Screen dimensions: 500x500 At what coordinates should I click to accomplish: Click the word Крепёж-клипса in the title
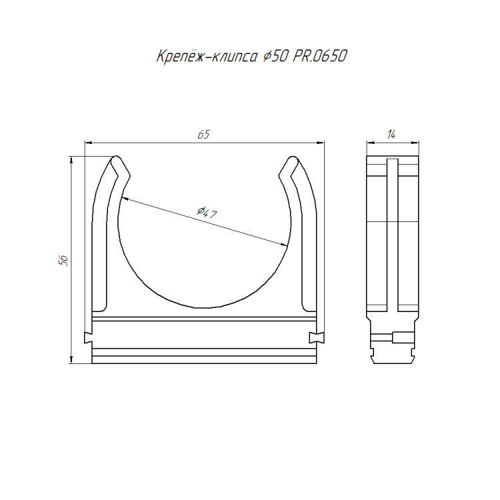click(207, 57)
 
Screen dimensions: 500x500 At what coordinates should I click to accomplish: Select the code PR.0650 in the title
click(319, 56)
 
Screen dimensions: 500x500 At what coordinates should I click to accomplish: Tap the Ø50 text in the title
click(275, 57)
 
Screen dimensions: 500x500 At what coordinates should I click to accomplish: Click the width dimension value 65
click(203, 135)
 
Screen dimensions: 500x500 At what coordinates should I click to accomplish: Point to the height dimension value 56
click(63, 261)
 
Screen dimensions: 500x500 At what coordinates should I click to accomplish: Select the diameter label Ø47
click(207, 213)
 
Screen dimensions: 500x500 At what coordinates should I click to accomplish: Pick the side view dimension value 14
click(391, 135)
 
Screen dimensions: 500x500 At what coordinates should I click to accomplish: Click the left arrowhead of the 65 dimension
click(88, 143)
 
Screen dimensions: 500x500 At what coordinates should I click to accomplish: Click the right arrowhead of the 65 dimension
click(321, 143)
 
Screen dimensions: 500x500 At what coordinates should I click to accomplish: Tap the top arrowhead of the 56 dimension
click(71, 160)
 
